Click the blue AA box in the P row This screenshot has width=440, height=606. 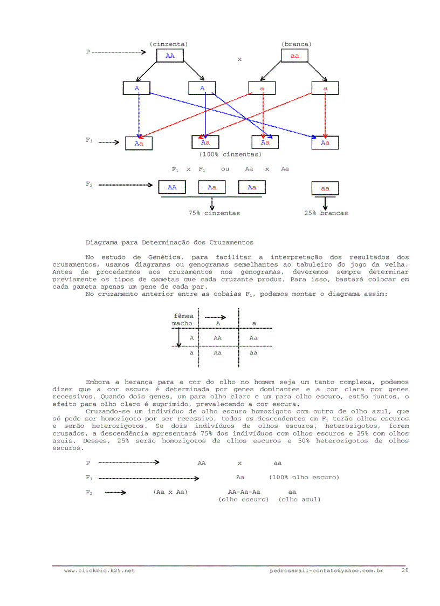pos(170,56)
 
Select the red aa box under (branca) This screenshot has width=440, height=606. pos(294,56)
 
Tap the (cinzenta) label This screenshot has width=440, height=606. pos(169,44)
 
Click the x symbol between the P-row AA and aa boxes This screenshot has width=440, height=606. pos(239,59)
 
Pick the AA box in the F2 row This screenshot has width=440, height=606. pos(172,187)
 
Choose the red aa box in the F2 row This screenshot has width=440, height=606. pos(325,188)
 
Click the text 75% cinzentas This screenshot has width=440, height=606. pos(214,213)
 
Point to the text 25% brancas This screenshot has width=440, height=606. pos(326,213)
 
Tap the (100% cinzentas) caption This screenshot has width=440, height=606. pos(230,154)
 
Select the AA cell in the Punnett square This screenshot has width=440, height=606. pos(217,338)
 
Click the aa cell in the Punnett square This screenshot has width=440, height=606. pos(253,353)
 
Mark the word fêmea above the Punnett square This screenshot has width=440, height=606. pos(184,316)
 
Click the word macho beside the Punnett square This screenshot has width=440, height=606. pos(182,324)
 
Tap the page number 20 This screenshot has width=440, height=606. pos(405,570)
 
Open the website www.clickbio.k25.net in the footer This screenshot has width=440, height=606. pos(99,570)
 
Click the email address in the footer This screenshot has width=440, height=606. pos(326,570)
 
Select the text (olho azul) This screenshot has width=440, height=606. pos(299,500)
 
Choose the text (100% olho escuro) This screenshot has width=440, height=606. pos(304,478)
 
